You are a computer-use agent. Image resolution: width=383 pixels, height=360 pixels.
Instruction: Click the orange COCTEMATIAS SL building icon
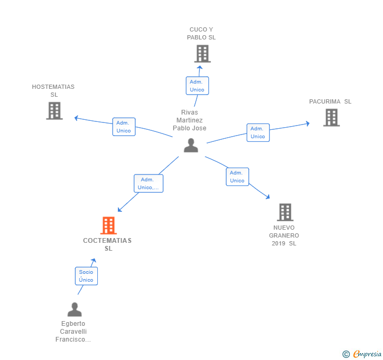coord(108,225)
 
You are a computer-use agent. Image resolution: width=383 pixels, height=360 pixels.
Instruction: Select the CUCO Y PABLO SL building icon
coord(202,54)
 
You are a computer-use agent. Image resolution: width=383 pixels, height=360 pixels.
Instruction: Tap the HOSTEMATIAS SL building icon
coord(54,111)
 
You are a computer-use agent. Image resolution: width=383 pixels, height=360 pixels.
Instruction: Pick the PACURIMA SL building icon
coord(331,117)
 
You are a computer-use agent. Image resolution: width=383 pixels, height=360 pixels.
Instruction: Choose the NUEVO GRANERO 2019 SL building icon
coord(285,212)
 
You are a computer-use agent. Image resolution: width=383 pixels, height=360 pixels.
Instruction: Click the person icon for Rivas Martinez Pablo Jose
coord(191,146)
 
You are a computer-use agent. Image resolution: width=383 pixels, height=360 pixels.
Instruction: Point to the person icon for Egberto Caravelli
coord(75,310)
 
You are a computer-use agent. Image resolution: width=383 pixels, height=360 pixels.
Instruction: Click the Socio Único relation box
coord(86,276)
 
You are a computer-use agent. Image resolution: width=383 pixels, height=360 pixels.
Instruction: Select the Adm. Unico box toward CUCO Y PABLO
coord(197,86)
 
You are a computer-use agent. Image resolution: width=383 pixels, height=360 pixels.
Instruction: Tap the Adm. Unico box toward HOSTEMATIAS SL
coord(124,127)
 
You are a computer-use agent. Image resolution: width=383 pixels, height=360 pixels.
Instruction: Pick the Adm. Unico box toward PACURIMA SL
coord(258,132)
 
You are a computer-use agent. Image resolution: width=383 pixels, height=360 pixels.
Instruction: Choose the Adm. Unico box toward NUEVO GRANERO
coord(237,177)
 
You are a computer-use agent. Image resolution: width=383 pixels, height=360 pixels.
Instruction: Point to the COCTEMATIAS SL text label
coord(107,244)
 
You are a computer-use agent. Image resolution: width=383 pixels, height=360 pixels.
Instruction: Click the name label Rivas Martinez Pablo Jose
coord(191,120)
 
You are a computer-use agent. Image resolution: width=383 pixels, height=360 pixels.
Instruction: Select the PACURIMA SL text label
coord(330,101)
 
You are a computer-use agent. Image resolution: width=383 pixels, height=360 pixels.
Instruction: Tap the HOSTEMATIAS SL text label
coord(53,90)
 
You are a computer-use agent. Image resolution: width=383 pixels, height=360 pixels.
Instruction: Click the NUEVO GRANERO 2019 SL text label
coord(284,235)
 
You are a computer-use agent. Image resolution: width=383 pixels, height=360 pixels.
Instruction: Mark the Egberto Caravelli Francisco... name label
coord(73,332)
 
